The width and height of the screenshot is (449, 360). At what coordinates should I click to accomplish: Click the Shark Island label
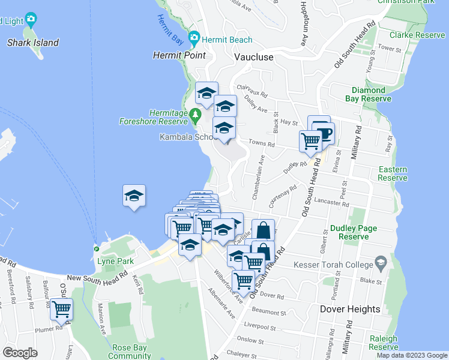(32, 43)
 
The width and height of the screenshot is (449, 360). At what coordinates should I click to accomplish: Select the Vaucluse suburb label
(253, 57)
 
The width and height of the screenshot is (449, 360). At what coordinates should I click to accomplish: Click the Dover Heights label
(341, 309)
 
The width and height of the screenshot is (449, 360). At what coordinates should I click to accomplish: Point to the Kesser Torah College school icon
(380, 262)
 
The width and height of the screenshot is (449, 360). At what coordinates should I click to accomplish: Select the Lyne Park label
(107, 262)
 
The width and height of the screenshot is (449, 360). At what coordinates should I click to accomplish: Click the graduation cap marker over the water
(134, 196)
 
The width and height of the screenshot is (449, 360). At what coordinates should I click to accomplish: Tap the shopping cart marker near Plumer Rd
(61, 309)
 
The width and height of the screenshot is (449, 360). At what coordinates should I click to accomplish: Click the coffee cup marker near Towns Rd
(324, 132)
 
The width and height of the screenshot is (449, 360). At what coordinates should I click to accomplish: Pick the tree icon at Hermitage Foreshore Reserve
(194, 114)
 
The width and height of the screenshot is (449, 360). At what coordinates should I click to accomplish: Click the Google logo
(20, 353)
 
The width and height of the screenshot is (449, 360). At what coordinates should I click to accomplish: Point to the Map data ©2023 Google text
(412, 355)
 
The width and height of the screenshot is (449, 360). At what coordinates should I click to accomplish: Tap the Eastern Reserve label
(393, 174)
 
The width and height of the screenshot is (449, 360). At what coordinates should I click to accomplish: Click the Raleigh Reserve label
(383, 343)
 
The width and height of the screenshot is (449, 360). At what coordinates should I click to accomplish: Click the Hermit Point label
(179, 55)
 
